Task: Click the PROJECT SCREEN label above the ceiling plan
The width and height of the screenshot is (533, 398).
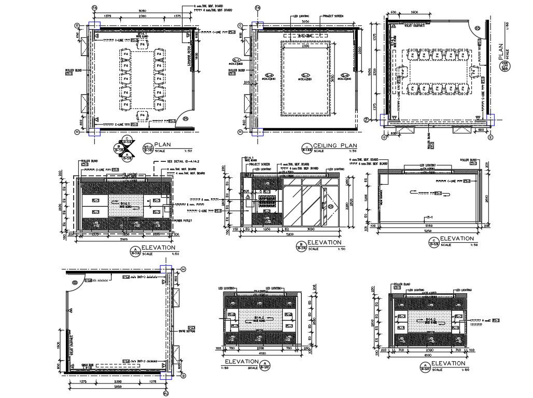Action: coord(333,16)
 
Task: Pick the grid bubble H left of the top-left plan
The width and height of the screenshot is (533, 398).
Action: coord(77,132)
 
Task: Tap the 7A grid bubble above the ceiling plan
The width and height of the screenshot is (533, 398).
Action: coord(258,8)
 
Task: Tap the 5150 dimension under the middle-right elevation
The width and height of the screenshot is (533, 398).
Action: coord(428,226)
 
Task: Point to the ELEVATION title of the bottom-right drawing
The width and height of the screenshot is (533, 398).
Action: coord(448,363)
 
